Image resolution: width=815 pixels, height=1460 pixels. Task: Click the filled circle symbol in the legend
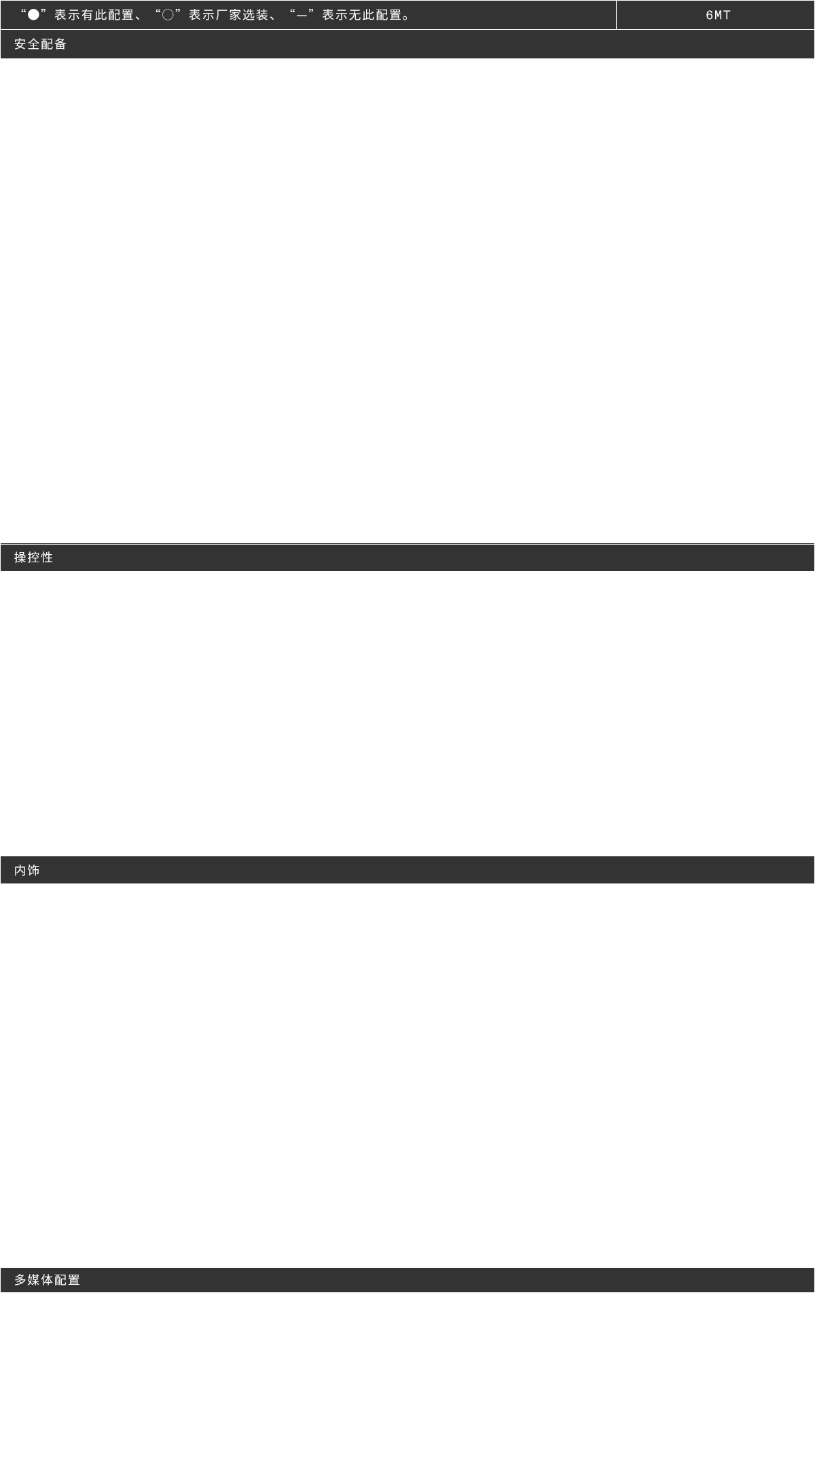(33, 15)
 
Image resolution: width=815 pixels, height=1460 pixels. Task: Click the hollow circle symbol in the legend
(167, 15)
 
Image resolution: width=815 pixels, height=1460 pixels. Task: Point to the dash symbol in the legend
(302, 15)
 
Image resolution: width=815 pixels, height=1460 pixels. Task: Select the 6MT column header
(718, 15)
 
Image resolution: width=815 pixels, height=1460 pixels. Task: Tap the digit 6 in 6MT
(709, 15)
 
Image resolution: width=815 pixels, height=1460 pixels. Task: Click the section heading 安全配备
(40, 44)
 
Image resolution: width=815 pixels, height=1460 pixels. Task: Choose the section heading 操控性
(33, 558)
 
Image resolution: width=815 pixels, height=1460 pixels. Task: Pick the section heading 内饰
(26, 870)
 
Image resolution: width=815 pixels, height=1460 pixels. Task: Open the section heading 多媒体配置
(47, 1280)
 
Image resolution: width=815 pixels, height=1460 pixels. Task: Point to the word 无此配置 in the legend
(375, 15)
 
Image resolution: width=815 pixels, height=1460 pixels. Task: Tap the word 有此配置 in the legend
(107, 15)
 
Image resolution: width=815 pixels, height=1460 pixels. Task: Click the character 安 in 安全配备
(20, 44)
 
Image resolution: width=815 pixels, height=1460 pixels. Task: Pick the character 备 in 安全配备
(60, 44)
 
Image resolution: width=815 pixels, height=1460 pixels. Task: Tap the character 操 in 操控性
(20, 558)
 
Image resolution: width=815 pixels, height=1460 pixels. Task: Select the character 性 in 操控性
(47, 558)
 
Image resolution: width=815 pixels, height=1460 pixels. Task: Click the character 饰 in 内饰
(33, 870)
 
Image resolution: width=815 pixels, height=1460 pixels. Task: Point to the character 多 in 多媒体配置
(20, 1280)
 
